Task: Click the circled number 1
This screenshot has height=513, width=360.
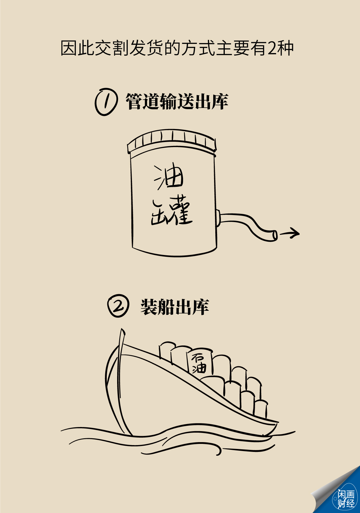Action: [106, 102]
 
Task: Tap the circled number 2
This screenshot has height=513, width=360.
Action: [118, 306]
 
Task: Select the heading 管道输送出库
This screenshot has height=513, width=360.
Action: [177, 101]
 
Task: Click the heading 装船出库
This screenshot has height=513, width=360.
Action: [175, 307]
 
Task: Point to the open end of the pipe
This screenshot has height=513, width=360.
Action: [275, 235]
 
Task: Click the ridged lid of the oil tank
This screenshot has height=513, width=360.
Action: [172, 141]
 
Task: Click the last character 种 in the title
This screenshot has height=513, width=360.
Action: [285, 48]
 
